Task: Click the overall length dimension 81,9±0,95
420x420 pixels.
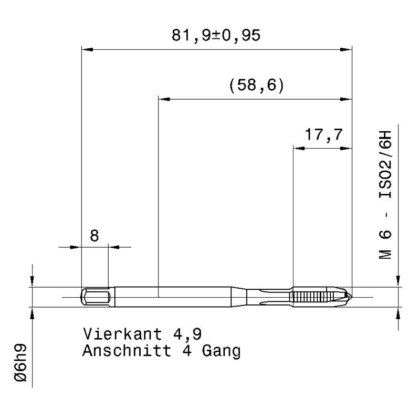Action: click(x=216, y=35)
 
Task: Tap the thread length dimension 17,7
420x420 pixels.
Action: click(x=323, y=134)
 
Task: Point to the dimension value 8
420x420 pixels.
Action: click(x=94, y=236)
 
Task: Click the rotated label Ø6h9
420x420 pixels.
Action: click(x=20, y=363)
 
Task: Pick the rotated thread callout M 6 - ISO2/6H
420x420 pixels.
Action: click(x=385, y=195)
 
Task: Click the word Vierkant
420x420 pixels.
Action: click(x=123, y=334)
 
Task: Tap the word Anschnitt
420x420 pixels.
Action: click(x=127, y=351)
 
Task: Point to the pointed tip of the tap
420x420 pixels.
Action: click(x=352, y=297)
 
